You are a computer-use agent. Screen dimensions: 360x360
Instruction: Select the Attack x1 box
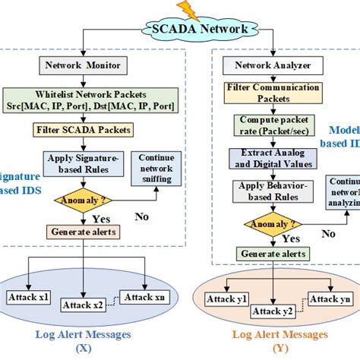[x=28, y=297]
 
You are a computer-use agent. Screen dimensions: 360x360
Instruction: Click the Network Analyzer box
[x=262, y=66]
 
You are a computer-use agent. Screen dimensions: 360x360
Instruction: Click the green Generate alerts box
[x=273, y=253]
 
